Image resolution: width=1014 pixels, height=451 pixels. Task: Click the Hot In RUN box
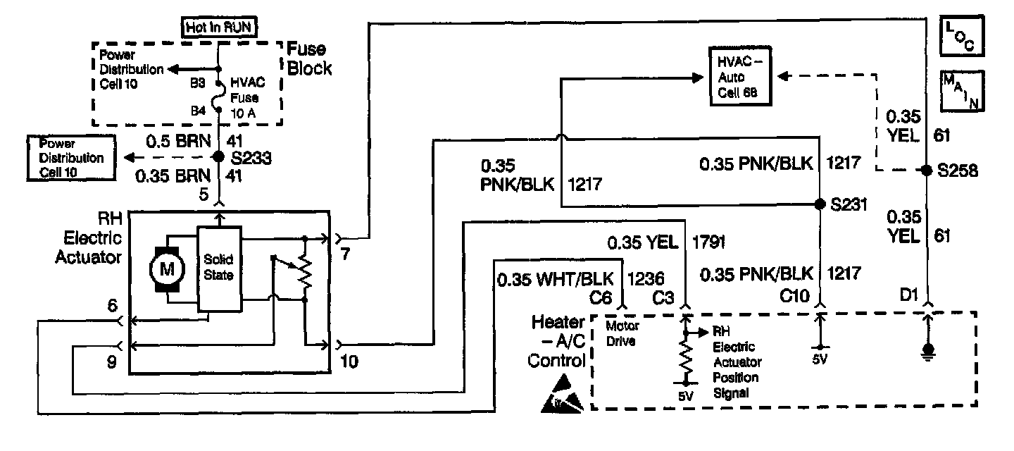[218, 28]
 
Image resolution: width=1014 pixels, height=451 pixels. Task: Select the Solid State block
[218, 268]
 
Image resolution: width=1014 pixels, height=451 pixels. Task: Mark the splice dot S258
[927, 171]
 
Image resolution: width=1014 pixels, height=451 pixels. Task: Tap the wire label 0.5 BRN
[178, 140]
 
